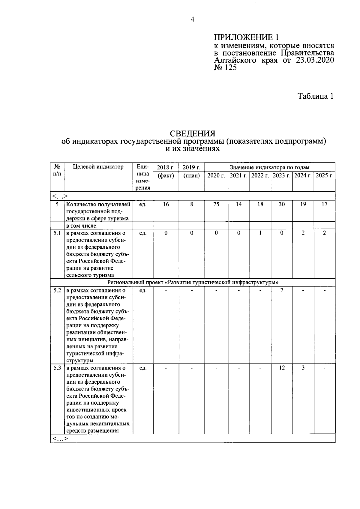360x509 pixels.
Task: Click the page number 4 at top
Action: click(x=192, y=20)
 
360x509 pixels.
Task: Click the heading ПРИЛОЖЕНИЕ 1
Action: click(x=246, y=37)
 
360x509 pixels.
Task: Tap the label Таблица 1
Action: click(x=315, y=96)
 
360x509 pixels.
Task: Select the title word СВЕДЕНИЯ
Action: click(x=192, y=133)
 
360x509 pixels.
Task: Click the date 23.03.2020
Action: click(x=315, y=60)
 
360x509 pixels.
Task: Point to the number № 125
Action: click(x=225, y=68)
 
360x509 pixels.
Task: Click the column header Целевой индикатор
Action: click(x=98, y=167)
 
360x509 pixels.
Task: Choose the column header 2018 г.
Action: click(x=166, y=167)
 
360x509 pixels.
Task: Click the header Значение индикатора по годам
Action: click(x=269, y=167)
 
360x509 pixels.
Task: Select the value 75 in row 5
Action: click(x=216, y=204)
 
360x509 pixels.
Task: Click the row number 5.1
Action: click(x=57, y=233)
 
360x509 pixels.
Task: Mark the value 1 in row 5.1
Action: click(x=260, y=233)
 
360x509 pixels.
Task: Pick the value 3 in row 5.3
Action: click(x=303, y=368)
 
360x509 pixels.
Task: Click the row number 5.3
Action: click(x=57, y=368)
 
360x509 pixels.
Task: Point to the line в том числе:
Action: click(x=82, y=226)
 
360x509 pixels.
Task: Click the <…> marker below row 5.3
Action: click(x=60, y=439)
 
